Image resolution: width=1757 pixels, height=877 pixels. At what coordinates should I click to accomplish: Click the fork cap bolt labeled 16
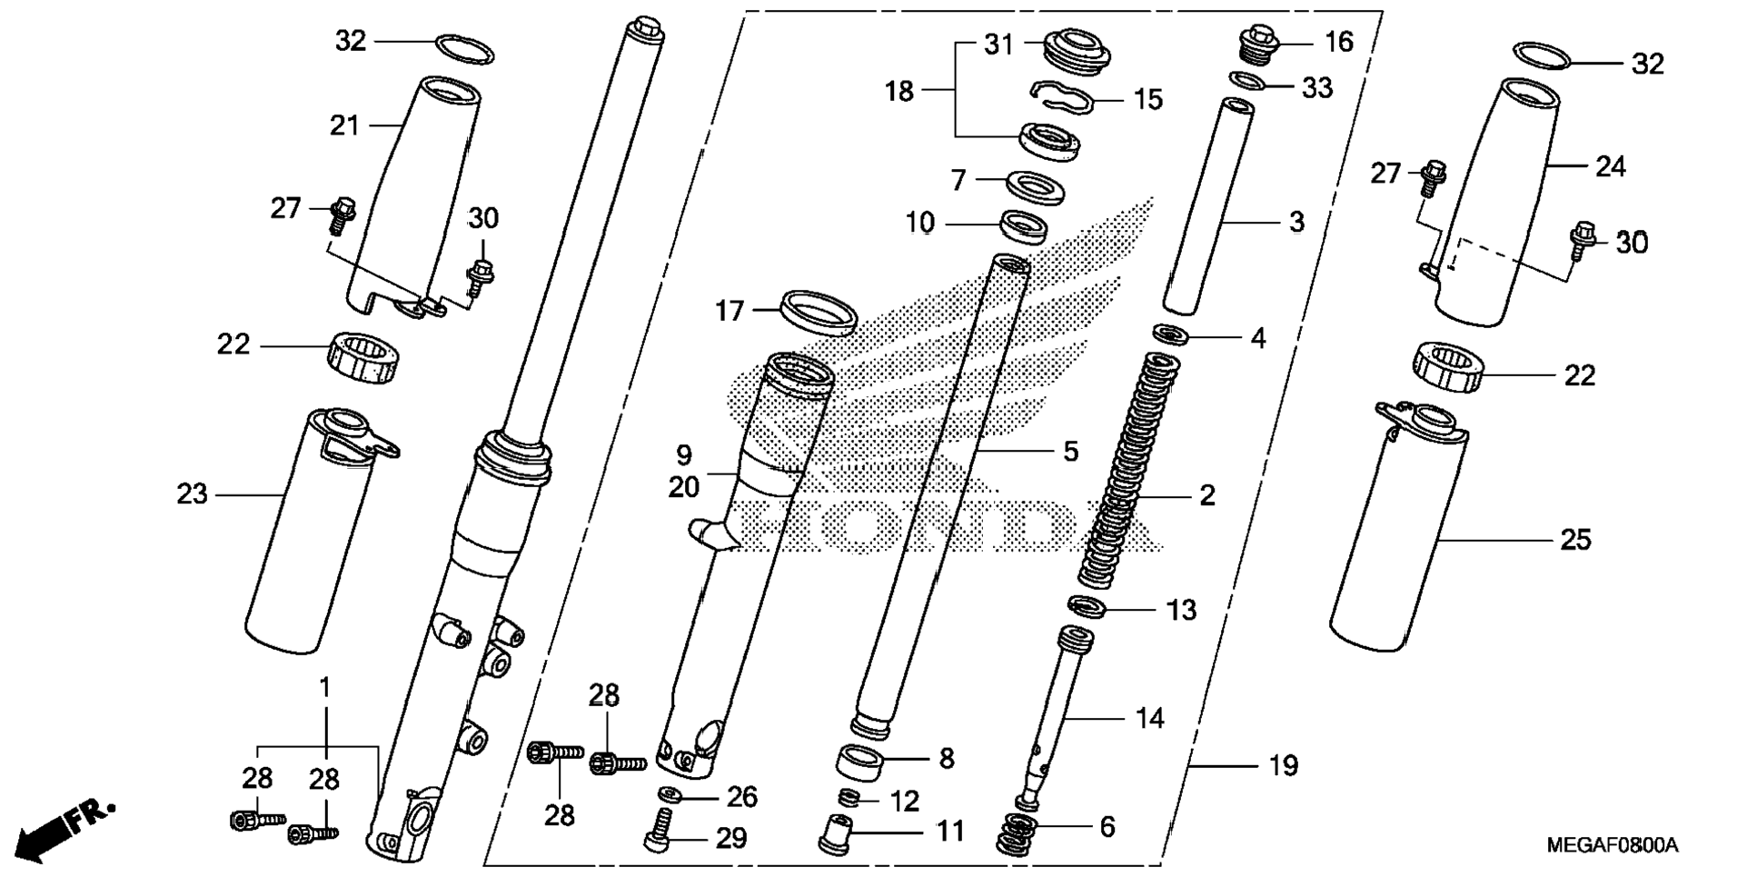(x=1258, y=45)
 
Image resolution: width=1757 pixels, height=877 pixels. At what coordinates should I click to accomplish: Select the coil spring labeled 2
(x=1129, y=473)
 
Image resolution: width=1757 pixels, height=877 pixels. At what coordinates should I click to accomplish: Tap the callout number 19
(x=1283, y=766)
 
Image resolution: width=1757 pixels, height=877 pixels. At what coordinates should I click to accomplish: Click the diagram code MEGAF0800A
(x=1612, y=846)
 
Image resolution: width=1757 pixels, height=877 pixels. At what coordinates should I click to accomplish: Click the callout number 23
(x=193, y=494)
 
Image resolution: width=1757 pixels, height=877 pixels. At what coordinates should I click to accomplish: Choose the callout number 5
(x=1070, y=451)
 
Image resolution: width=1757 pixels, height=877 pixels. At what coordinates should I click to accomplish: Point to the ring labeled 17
(x=819, y=311)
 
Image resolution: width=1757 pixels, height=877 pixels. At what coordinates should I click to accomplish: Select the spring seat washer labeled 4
(x=1171, y=334)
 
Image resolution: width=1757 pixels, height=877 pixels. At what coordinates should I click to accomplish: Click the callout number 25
(x=1575, y=540)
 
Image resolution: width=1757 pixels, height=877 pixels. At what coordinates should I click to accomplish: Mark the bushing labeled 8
(x=863, y=762)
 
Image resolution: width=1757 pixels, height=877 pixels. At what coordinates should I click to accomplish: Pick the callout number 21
(x=344, y=125)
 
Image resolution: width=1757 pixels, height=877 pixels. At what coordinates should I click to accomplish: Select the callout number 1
(x=324, y=688)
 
